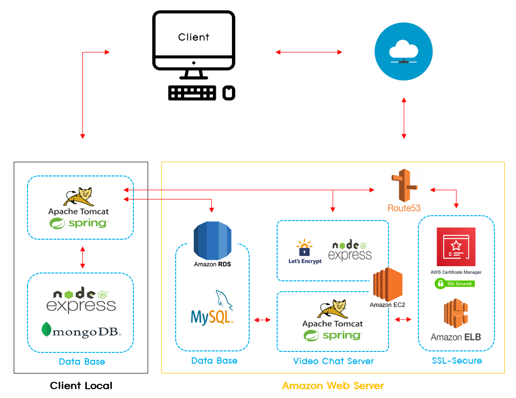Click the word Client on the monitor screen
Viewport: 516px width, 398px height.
193,37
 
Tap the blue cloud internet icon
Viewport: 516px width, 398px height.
403,52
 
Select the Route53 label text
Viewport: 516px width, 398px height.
404,208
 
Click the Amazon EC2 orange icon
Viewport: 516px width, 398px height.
387,284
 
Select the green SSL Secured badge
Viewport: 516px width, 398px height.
454,283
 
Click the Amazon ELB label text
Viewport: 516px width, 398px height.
456,337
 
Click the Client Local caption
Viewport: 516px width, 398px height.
81,386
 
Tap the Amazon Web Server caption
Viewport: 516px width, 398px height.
333,386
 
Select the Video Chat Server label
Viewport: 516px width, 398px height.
333,361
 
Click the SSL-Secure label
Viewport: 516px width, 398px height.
457,361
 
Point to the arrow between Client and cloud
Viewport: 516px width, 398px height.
309,51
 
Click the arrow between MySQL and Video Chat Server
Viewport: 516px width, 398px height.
262,320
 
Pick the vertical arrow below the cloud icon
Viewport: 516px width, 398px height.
404,118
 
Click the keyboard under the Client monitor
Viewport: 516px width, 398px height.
192,93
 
